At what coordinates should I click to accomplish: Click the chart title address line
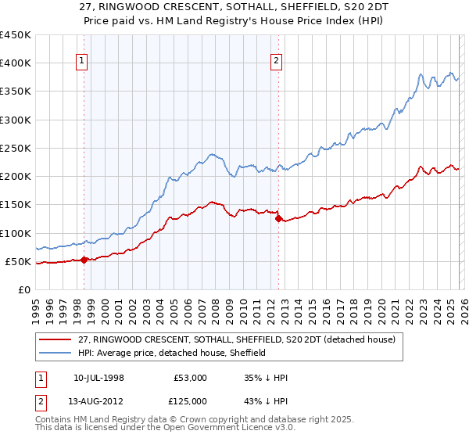coord(234,6)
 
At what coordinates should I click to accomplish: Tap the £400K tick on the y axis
coord(16,63)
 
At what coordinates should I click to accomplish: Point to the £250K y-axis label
coord(16,148)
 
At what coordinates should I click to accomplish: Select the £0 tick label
coord(24,289)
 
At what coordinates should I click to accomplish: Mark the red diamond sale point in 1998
coord(84,260)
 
